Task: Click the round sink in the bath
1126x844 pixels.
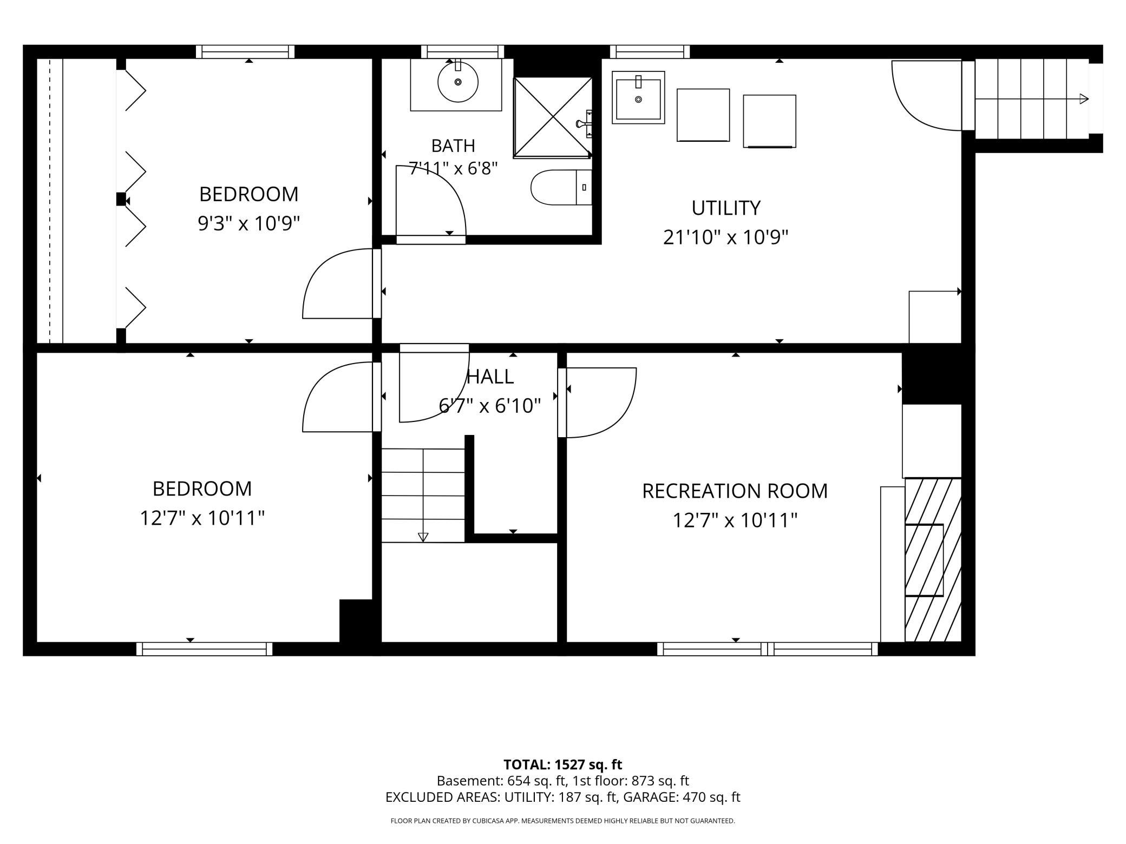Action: [458, 82]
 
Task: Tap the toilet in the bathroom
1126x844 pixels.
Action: [561, 187]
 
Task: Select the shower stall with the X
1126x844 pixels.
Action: [553, 117]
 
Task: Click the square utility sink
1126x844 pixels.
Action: [638, 97]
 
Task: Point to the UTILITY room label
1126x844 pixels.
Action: [726, 208]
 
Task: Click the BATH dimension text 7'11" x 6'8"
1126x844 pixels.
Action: [453, 168]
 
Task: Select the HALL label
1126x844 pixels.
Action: [490, 377]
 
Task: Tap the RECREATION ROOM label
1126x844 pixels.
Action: [735, 491]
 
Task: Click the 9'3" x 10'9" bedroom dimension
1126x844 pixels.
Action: [249, 223]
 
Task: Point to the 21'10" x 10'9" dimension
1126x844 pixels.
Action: [725, 237]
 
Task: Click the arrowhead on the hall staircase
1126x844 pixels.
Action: [423, 537]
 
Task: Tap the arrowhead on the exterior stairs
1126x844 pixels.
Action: [1084, 98]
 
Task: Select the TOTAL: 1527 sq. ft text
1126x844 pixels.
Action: [562, 764]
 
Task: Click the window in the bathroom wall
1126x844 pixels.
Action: [463, 52]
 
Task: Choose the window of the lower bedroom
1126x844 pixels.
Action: [204, 649]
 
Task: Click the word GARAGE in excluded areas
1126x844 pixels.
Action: [651, 797]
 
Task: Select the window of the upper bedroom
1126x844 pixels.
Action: [245, 52]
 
